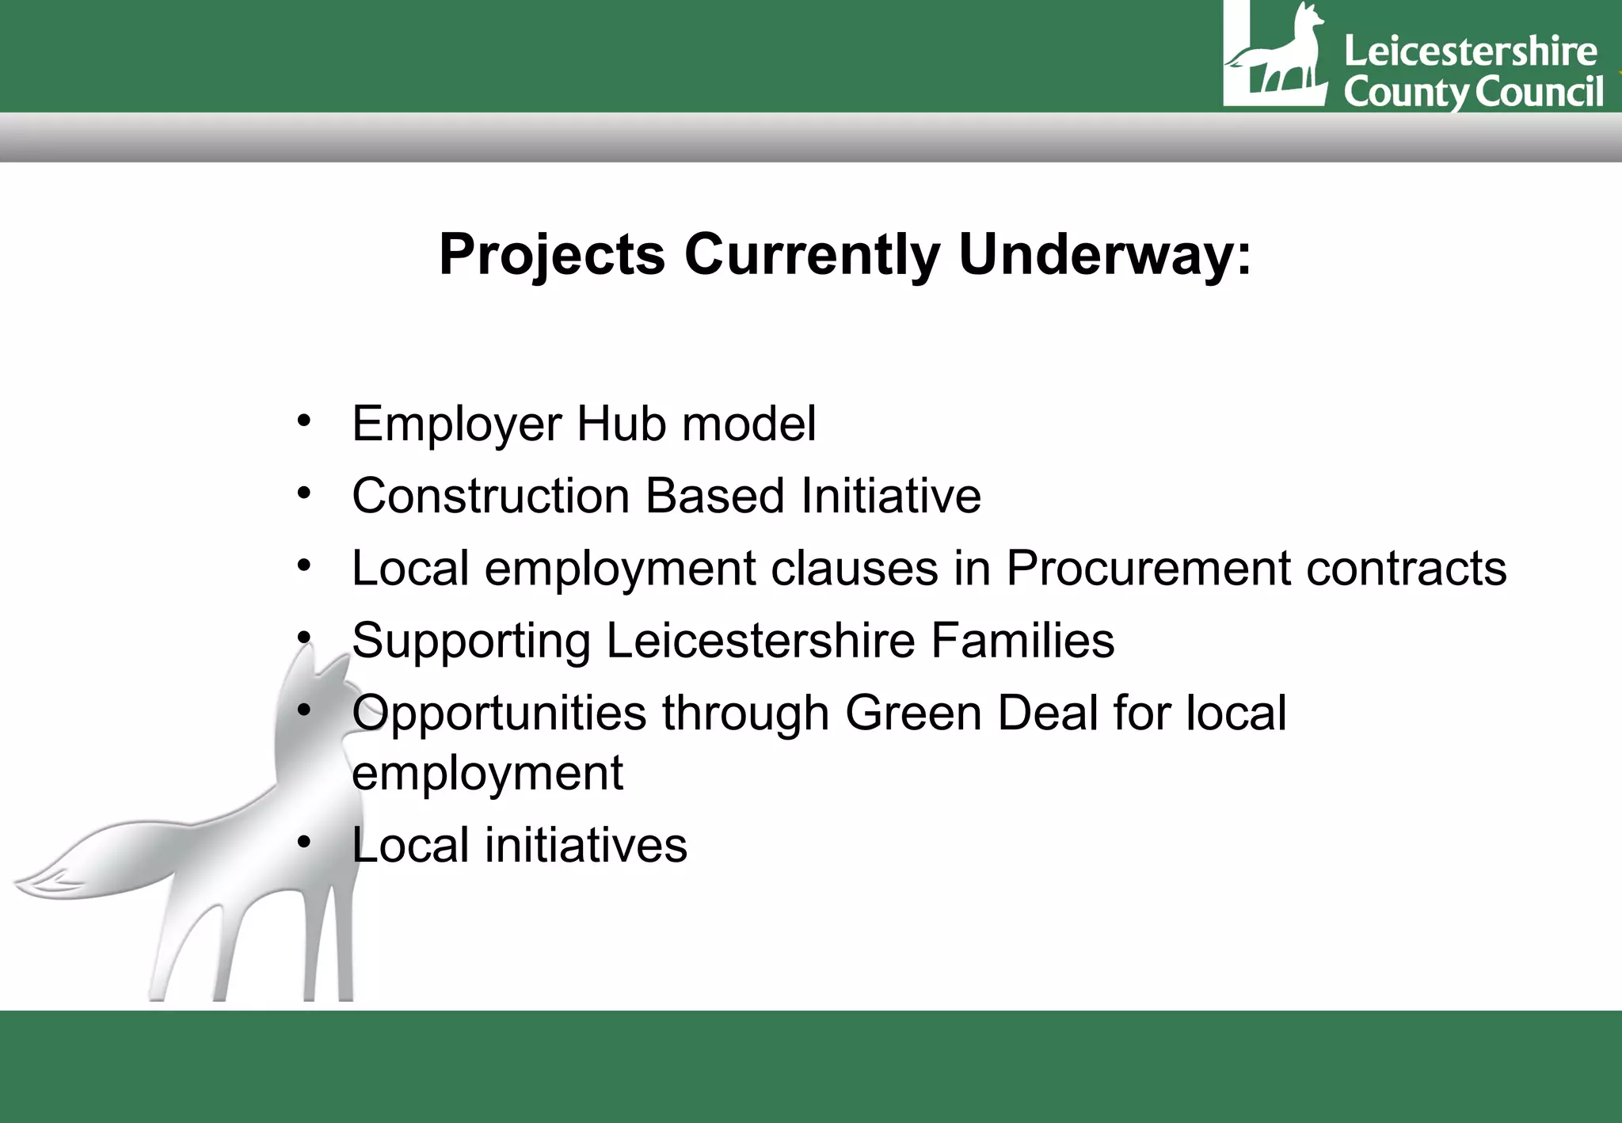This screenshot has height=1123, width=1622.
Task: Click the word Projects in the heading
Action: [552, 255]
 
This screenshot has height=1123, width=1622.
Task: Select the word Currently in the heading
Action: [812, 255]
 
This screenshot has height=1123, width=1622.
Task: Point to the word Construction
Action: [490, 497]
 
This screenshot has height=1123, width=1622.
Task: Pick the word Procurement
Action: [1148, 569]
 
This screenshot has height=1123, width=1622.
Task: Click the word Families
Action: [1022, 641]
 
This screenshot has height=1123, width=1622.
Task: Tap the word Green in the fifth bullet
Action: [913, 713]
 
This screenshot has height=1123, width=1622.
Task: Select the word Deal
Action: [1047, 713]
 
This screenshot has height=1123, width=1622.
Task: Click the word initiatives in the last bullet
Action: [586, 845]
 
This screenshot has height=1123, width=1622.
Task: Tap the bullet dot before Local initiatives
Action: [304, 841]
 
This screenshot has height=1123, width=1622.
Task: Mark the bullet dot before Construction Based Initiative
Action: [304, 493]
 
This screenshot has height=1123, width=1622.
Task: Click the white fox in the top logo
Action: [1283, 55]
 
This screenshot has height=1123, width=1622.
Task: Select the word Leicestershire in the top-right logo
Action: [1470, 52]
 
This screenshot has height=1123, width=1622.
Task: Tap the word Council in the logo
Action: [1540, 92]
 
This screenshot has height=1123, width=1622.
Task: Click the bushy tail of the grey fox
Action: [95, 863]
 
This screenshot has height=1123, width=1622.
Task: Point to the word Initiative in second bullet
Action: [891, 497]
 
